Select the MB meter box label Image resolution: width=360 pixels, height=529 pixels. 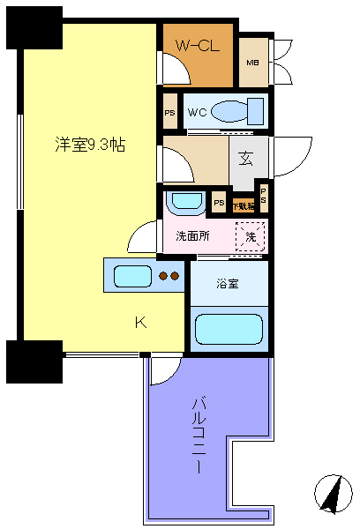tap(252, 63)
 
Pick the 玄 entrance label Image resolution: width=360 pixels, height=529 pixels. tap(244, 160)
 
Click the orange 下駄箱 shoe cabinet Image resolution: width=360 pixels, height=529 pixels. tap(243, 205)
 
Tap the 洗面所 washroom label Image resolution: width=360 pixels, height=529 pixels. tap(191, 236)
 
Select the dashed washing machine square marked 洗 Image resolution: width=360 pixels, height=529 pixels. tap(251, 236)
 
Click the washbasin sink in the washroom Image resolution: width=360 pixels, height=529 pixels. tap(185, 202)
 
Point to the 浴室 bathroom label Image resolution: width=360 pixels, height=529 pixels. tap(228, 284)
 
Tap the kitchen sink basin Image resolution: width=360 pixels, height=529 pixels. tap(131, 276)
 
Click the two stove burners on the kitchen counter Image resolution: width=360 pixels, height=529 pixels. tap(169, 276)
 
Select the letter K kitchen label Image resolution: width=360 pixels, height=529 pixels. tap(139, 323)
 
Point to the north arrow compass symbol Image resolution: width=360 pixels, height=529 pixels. tap(331, 494)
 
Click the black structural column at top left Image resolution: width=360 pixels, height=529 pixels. tap(34, 27)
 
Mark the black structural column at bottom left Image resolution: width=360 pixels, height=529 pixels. tap(34, 361)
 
